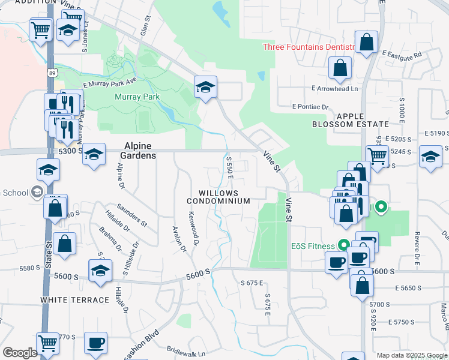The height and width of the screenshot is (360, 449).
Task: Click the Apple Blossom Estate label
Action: click(351, 120)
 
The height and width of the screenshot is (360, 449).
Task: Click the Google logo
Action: click(19, 353)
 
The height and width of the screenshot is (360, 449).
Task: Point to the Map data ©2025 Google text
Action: click(411, 355)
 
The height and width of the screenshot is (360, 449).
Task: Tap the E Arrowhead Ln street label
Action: click(334, 89)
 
